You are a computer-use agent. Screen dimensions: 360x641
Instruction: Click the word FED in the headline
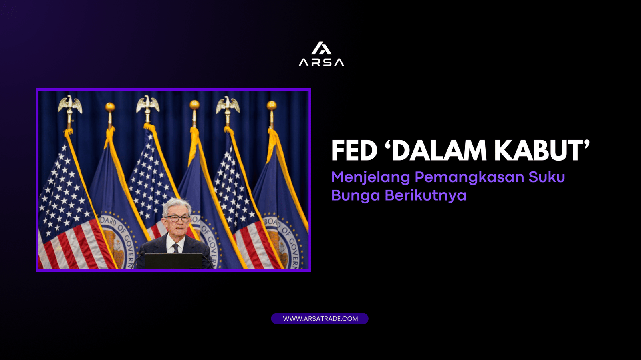tap(354, 151)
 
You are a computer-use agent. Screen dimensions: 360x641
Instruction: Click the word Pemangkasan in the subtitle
tap(469, 177)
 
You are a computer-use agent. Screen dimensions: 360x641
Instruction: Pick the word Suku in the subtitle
tap(547, 177)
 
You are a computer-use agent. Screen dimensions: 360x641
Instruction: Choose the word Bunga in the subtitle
tap(355, 196)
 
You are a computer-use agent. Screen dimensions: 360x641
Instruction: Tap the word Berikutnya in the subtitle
tap(425, 196)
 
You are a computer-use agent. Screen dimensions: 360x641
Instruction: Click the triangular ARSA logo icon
tap(321, 48)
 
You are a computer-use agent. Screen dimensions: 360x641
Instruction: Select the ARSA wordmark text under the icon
tap(321, 62)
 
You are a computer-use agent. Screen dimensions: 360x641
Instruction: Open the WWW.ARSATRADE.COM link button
tap(320, 319)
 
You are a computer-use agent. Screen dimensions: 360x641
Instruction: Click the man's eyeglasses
tap(177, 219)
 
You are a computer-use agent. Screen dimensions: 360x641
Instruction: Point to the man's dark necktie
tap(175, 248)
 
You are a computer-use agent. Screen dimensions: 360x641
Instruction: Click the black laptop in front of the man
tap(173, 261)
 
